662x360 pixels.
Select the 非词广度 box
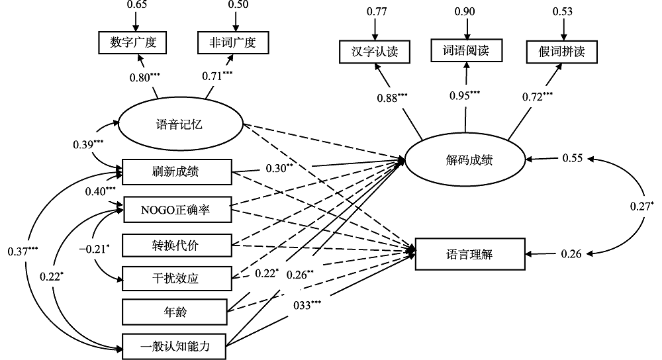(235, 43)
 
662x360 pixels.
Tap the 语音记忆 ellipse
(180, 124)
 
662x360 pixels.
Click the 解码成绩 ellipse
(465, 159)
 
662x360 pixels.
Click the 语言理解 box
(469, 253)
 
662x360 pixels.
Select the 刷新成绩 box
(177, 172)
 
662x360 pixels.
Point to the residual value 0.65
(136, 5)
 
